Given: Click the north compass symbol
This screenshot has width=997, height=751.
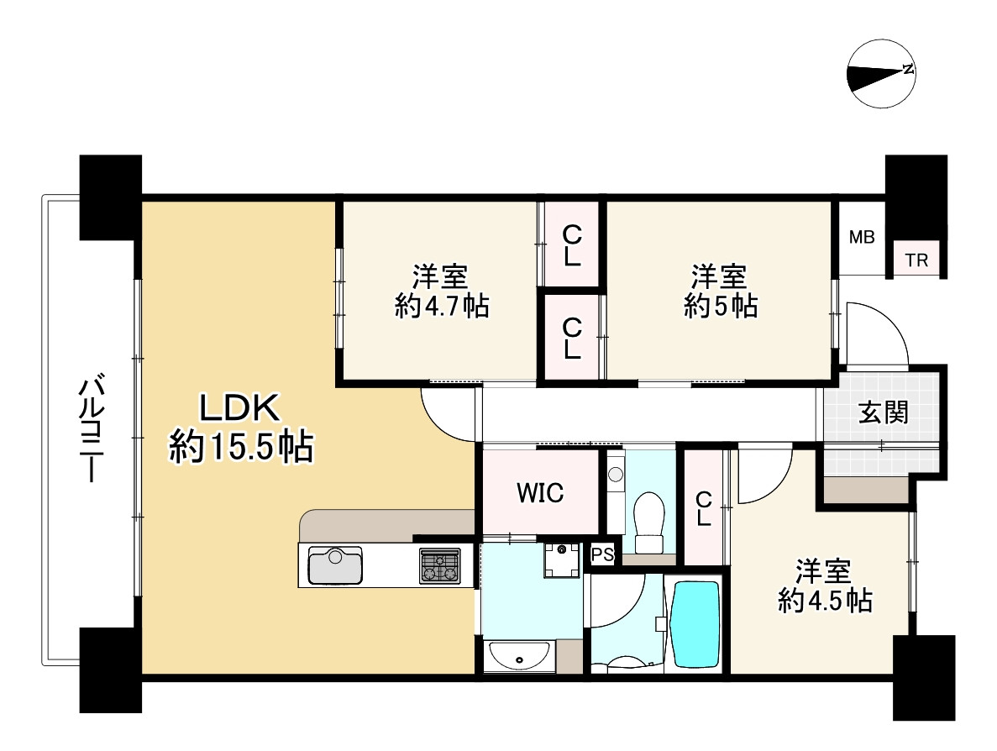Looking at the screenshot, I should [x=881, y=76].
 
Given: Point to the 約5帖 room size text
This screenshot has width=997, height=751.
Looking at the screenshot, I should [x=721, y=307].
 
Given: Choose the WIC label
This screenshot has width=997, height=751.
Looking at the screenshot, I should [x=539, y=493].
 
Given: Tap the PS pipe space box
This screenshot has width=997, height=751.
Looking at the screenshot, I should [x=602, y=555].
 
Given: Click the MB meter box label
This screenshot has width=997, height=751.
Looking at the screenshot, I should [x=861, y=238].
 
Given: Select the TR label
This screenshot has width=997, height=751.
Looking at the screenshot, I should [x=917, y=260].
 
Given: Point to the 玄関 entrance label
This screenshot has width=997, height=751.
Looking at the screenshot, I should [x=883, y=412].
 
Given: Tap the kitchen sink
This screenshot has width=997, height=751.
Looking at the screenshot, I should [x=335, y=565].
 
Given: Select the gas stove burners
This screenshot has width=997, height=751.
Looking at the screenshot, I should [x=441, y=565].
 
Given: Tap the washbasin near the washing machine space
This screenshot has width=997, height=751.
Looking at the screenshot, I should [x=518, y=656].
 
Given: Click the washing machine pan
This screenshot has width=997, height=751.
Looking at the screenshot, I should [x=560, y=559].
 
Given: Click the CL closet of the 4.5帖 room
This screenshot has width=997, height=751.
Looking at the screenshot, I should [x=703, y=507].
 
